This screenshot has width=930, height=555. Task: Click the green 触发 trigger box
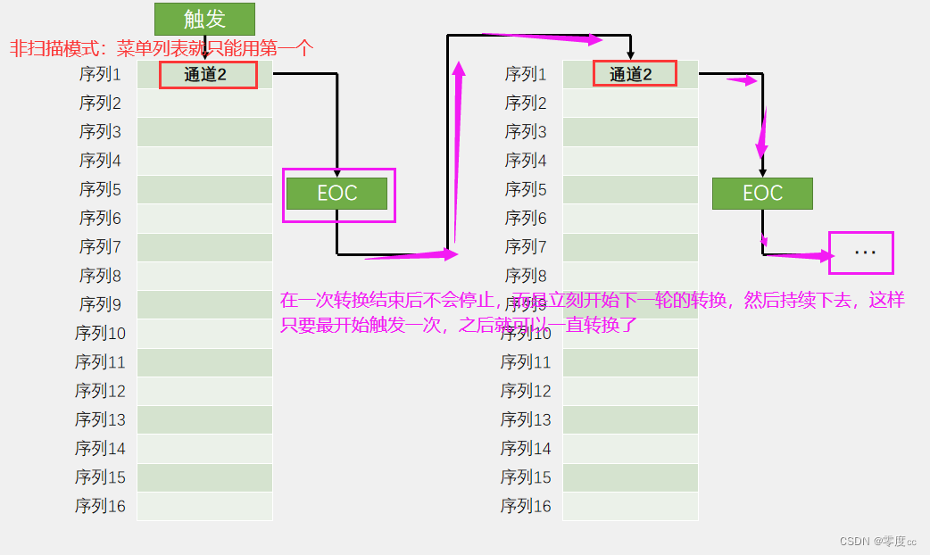point(204,19)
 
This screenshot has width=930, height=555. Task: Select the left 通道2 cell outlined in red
point(208,75)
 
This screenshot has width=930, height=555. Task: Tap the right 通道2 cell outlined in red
point(634,74)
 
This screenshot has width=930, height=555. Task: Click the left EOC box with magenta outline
point(337,194)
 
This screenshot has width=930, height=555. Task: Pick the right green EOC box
point(762,194)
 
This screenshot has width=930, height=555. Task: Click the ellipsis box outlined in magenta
point(861,253)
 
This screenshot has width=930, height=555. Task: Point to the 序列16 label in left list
point(100,506)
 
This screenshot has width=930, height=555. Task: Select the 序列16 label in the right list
point(526,506)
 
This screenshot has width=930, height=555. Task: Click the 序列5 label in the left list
point(100,189)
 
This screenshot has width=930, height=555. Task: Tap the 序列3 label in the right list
point(526,132)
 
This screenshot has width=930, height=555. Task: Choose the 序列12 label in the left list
point(100,391)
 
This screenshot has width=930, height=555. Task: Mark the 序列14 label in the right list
point(526,448)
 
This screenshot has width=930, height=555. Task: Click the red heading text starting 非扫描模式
point(161,48)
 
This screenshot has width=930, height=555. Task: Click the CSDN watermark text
point(878,541)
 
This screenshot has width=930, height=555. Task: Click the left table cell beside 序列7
point(204,247)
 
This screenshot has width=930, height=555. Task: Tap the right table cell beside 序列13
point(630,419)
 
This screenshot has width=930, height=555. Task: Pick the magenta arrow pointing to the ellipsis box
point(799,257)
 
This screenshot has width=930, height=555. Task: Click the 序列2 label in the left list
point(100,104)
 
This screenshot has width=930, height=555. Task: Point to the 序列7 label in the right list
point(526,247)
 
